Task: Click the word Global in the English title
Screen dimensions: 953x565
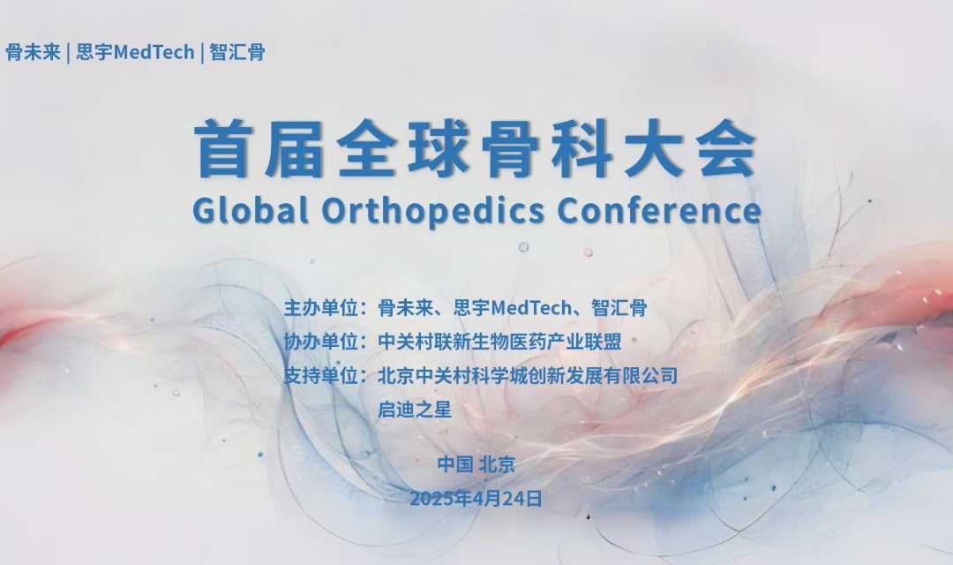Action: pyautogui.click(x=250, y=210)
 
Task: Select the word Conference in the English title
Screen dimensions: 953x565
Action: pyautogui.click(x=659, y=210)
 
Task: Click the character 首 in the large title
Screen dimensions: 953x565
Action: pyautogui.click(x=223, y=148)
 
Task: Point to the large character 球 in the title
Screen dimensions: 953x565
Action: pyautogui.click(x=439, y=148)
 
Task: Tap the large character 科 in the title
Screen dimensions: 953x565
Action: pyautogui.click(x=582, y=148)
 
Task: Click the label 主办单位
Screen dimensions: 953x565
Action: pyautogui.click(x=320, y=308)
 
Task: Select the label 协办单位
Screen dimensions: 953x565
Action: pyautogui.click(x=320, y=342)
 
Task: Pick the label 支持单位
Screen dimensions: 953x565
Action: pyautogui.click(x=320, y=376)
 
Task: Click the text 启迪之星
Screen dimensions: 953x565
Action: pyautogui.click(x=415, y=410)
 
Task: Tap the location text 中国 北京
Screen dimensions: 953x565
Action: pyautogui.click(x=476, y=464)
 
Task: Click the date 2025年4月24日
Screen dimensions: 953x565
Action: pyautogui.click(x=476, y=499)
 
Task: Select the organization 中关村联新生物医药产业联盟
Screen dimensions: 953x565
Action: pyautogui.click(x=499, y=342)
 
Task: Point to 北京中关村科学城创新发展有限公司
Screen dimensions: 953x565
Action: pyautogui.click(x=528, y=376)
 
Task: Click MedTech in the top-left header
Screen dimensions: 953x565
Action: pyautogui.click(x=154, y=52)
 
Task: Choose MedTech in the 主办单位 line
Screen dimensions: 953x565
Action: pyautogui.click(x=531, y=308)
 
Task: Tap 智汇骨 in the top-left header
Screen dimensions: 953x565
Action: pyautogui.click(x=237, y=52)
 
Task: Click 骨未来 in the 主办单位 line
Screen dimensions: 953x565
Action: pyautogui.click(x=405, y=308)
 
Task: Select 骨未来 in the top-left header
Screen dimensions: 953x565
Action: pyautogui.click(x=34, y=52)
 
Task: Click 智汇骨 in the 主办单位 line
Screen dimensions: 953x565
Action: pyautogui.click(x=619, y=308)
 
